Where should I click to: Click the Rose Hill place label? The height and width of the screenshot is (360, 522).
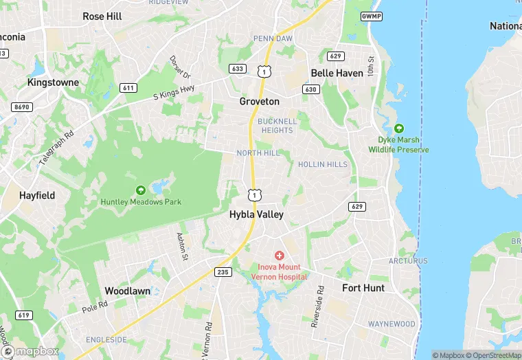tap(102, 16)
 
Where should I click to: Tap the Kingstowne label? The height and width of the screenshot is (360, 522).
tap(53, 82)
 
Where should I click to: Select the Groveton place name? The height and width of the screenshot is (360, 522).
tap(259, 102)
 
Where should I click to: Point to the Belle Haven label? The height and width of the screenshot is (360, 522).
tap(337, 73)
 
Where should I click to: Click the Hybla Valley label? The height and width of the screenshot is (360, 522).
tap(256, 214)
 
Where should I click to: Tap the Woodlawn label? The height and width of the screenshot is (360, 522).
tap(127, 291)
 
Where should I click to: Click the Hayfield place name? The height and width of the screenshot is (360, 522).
tap(37, 196)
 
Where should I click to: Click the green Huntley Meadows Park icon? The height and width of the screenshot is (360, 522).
tap(141, 190)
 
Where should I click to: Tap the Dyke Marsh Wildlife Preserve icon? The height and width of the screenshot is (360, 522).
tap(398, 128)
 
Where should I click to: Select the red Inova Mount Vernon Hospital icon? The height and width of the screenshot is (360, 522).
tap(280, 256)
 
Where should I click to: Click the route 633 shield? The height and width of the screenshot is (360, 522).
tap(238, 69)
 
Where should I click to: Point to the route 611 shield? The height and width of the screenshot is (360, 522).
tap(128, 88)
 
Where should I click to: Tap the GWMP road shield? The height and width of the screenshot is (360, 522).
tap(371, 15)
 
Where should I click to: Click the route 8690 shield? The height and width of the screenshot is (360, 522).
tap(21, 107)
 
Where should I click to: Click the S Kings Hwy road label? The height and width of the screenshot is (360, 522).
tap(174, 94)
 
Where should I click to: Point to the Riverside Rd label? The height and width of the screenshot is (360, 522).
tap(317, 306)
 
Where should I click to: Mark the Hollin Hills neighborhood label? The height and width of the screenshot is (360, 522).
tap(322, 165)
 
